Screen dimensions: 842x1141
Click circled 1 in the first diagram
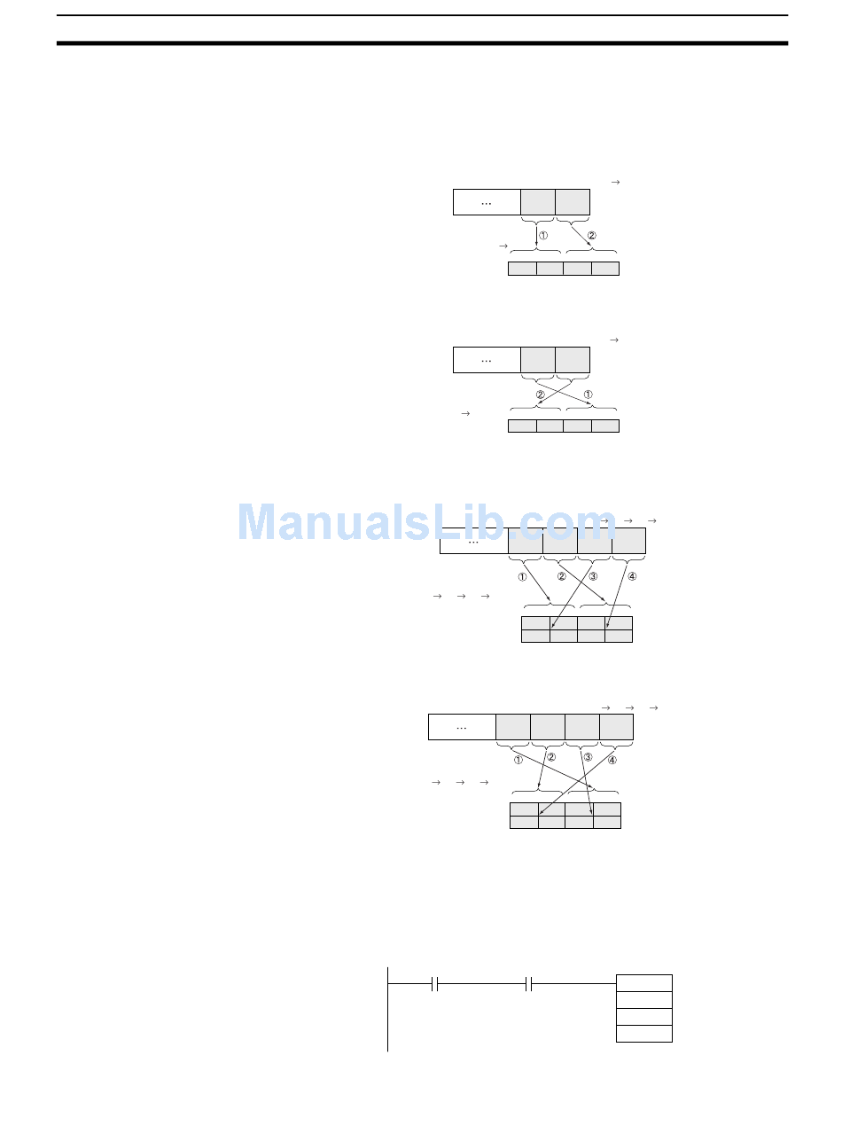point(543,237)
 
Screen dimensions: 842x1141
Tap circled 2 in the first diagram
point(592,237)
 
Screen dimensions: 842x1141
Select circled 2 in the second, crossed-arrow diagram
point(540,395)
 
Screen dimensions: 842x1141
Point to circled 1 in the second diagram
point(588,395)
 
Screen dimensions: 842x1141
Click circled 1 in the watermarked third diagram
point(522,576)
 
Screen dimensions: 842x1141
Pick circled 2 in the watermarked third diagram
point(561,576)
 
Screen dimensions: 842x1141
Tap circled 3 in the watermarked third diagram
point(593,576)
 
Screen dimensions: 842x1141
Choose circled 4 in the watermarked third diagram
point(631,576)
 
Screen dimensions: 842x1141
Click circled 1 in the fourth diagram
point(518,760)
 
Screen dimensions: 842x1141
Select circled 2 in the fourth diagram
point(550,757)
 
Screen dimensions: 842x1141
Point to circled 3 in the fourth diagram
point(588,757)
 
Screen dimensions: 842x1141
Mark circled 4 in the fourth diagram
point(612,760)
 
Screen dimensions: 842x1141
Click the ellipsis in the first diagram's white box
point(486,203)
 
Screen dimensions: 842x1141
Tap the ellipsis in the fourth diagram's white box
point(461,727)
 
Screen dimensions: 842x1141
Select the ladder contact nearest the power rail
point(434,983)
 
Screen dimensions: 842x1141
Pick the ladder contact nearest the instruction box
point(528,983)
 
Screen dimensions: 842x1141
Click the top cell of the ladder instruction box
point(644,983)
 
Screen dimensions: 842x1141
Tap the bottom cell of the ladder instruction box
point(644,1034)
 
